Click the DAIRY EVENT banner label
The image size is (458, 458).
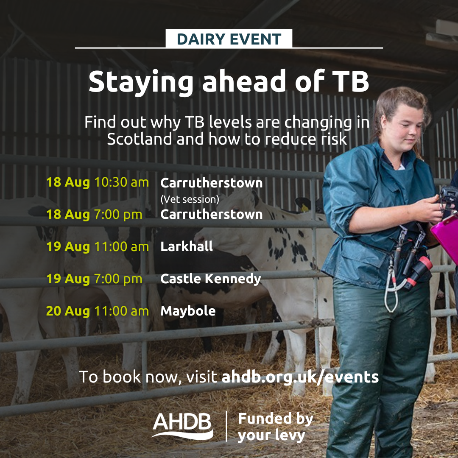(229, 39)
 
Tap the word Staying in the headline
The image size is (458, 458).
(141, 82)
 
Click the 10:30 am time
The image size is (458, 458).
(122, 182)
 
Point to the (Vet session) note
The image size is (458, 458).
(190, 199)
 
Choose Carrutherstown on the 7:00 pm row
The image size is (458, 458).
(212, 215)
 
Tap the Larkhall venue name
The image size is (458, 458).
(187, 246)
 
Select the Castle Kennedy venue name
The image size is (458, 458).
(211, 279)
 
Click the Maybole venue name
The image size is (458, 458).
(188, 311)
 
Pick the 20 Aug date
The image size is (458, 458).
(68, 311)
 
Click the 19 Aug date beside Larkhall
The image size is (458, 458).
(68, 246)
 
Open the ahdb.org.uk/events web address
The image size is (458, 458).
(300, 377)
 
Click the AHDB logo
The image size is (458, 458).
(182, 425)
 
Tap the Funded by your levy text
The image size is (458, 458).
(276, 427)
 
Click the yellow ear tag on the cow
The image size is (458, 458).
(304, 208)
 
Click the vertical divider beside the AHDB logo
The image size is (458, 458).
(226, 426)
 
